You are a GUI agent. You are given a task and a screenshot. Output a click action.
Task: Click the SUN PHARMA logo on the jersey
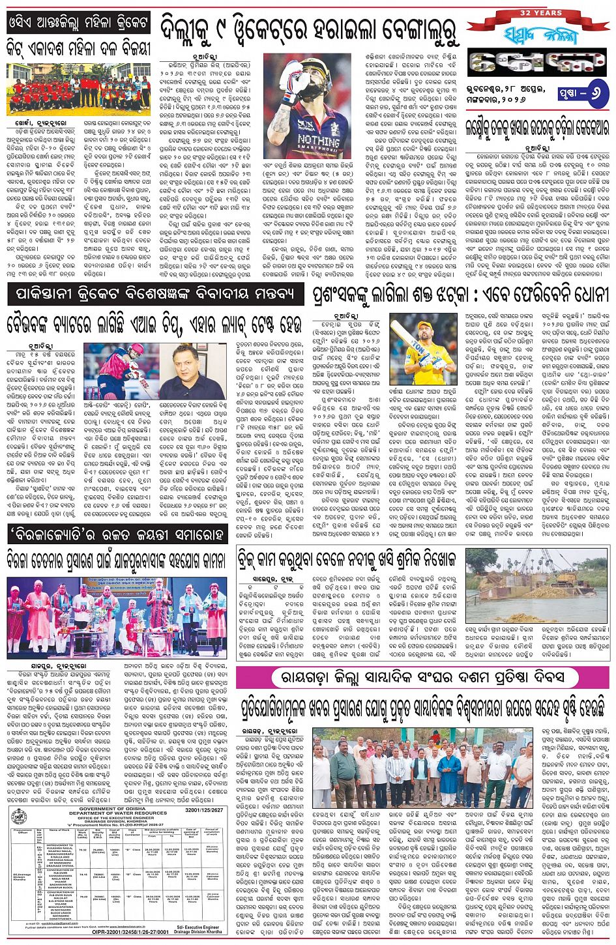click(x=308, y=125)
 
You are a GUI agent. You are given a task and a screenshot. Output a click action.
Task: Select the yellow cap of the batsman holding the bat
click(x=427, y=323)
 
